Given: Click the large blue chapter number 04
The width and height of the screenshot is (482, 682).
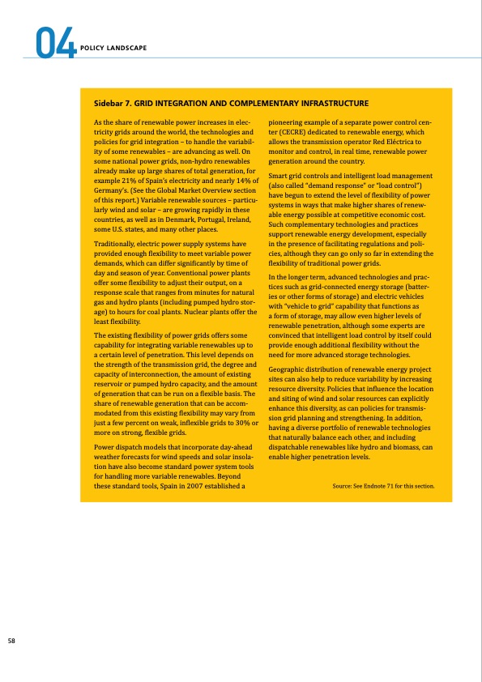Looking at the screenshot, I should coord(55,43).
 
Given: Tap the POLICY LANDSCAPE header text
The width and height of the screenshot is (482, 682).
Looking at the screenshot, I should coord(113,48).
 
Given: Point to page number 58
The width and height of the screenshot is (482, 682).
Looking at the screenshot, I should coord(11,641).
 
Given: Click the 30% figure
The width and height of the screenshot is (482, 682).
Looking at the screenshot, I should coord(242,423).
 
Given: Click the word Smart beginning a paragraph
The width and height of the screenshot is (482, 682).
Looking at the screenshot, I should coord(278,177).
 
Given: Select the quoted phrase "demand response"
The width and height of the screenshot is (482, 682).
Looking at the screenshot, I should coord(330,186).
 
